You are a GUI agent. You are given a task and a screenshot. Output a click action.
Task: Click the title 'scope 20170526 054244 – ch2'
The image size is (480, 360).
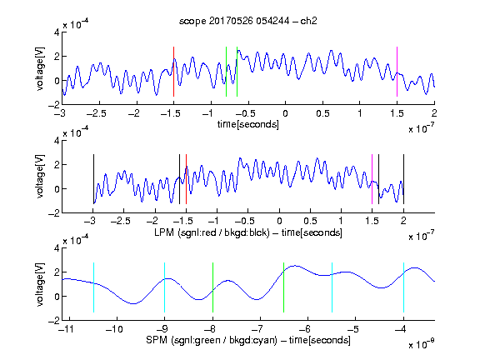[x=248, y=21]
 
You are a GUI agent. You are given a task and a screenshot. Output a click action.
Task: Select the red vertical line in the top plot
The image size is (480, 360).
[x=173, y=72]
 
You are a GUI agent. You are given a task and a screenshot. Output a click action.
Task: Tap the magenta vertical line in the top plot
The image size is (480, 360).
[x=397, y=72]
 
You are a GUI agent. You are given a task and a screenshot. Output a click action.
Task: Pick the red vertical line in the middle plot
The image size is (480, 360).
[x=186, y=179]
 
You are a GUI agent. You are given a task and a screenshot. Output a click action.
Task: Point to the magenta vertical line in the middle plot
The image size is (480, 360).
[x=372, y=179]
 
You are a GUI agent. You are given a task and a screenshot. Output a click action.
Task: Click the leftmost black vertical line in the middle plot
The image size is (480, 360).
[x=93, y=179]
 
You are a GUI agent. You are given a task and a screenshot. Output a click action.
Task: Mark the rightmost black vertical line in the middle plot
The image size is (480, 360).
[x=403, y=179]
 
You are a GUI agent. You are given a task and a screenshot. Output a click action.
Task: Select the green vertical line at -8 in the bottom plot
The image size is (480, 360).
[x=212, y=287]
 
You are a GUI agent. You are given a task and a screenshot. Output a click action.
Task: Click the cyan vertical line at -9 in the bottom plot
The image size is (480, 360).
[x=164, y=287]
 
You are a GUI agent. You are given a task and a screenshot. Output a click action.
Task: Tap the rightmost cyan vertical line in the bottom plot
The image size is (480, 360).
[x=403, y=287]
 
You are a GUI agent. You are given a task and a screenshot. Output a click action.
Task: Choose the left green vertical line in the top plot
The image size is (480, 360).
[x=226, y=72]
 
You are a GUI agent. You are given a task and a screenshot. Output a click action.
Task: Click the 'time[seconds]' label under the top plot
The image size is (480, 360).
[x=248, y=124]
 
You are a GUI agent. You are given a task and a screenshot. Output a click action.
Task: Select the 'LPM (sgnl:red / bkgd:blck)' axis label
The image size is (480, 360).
[x=212, y=232]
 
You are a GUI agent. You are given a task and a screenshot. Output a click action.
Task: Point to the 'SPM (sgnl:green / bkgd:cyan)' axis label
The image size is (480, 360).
[x=212, y=340]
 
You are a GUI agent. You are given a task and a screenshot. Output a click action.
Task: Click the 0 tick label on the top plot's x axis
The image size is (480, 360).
[x=285, y=113]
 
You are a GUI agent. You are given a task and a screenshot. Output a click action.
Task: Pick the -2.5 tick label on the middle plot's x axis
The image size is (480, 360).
[x=120, y=221]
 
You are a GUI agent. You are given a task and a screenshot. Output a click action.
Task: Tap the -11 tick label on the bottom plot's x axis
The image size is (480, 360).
[x=66, y=329]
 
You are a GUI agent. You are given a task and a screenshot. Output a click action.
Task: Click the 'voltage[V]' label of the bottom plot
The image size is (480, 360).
[x=40, y=284]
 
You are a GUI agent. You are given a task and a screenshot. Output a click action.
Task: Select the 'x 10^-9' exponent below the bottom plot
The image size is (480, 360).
[x=422, y=343]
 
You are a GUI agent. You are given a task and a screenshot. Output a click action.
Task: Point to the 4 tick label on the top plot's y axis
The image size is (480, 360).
[x=57, y=32]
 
